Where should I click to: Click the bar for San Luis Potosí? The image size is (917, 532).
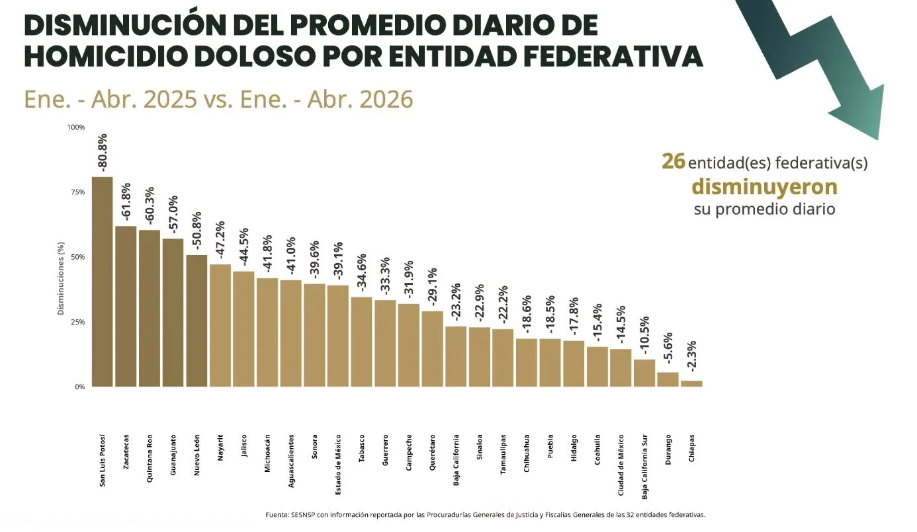point(102,282)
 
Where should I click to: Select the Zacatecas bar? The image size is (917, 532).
point(126,306)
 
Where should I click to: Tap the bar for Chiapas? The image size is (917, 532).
point(692,383)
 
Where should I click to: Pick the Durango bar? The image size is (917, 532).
point(668,379)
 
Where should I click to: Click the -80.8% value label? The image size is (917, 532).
point(102,152)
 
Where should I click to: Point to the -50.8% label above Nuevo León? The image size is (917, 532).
point(197,231)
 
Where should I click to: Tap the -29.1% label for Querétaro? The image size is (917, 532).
point(433,287)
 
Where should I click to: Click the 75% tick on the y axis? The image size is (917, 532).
point(78,192)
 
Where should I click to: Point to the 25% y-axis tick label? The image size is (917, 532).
point(78,322)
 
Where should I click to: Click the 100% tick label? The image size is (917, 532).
point(76,127)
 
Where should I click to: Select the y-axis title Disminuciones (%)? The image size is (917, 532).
point(61,278)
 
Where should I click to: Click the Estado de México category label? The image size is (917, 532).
point(338,465)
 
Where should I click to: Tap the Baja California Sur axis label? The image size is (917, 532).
point(644,467)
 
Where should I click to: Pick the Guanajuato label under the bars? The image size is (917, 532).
point(173,455)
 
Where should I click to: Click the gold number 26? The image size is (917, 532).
point(674,161)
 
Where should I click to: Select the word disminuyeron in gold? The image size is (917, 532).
point(764,187)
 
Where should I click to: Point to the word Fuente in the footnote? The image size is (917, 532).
point(277,515)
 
